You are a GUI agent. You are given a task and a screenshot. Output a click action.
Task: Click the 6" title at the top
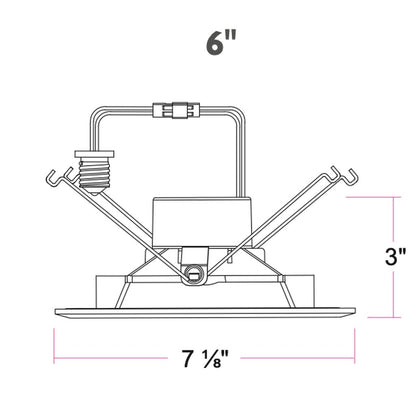click(221, 43)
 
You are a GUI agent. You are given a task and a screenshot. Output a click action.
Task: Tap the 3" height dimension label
click(395, 256)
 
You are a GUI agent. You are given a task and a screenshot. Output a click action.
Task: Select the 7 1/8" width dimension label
click(204, 358)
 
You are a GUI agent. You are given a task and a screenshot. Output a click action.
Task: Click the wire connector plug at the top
click(176, 110)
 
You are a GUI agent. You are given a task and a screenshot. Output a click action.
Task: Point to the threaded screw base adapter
click(95, 172)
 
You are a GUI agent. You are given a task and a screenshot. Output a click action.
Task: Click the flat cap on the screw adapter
click(95, 154)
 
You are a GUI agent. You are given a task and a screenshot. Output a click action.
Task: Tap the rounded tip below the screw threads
click(94, 191)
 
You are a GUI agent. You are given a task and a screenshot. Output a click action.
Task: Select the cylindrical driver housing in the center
click(201, 222)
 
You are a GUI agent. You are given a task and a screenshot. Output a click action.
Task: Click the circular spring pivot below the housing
click(193, 275)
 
